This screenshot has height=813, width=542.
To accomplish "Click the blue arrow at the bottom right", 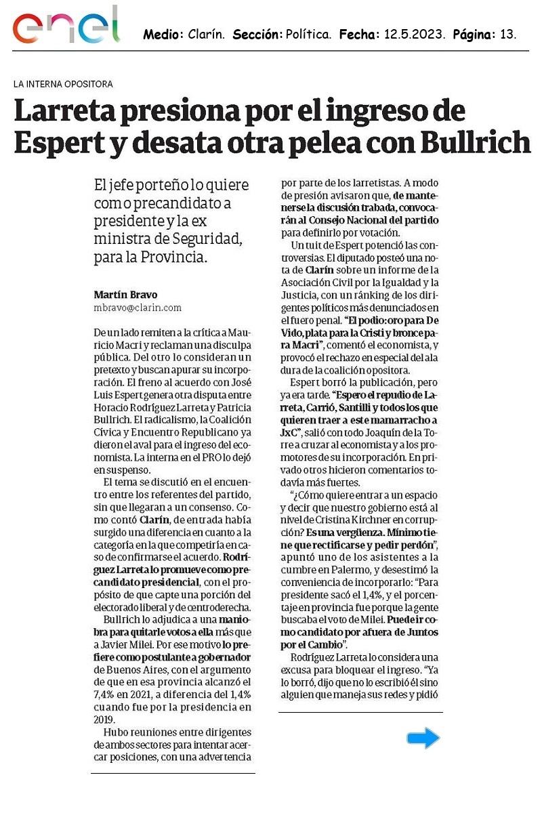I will coord(423,738).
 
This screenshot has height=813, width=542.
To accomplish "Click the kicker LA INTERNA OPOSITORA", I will coord(63,84).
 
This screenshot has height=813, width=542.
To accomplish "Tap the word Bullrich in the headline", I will coord(476,142).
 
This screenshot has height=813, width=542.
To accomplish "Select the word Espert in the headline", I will coord(60,142).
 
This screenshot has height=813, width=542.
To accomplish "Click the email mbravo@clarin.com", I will coord(138,308).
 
